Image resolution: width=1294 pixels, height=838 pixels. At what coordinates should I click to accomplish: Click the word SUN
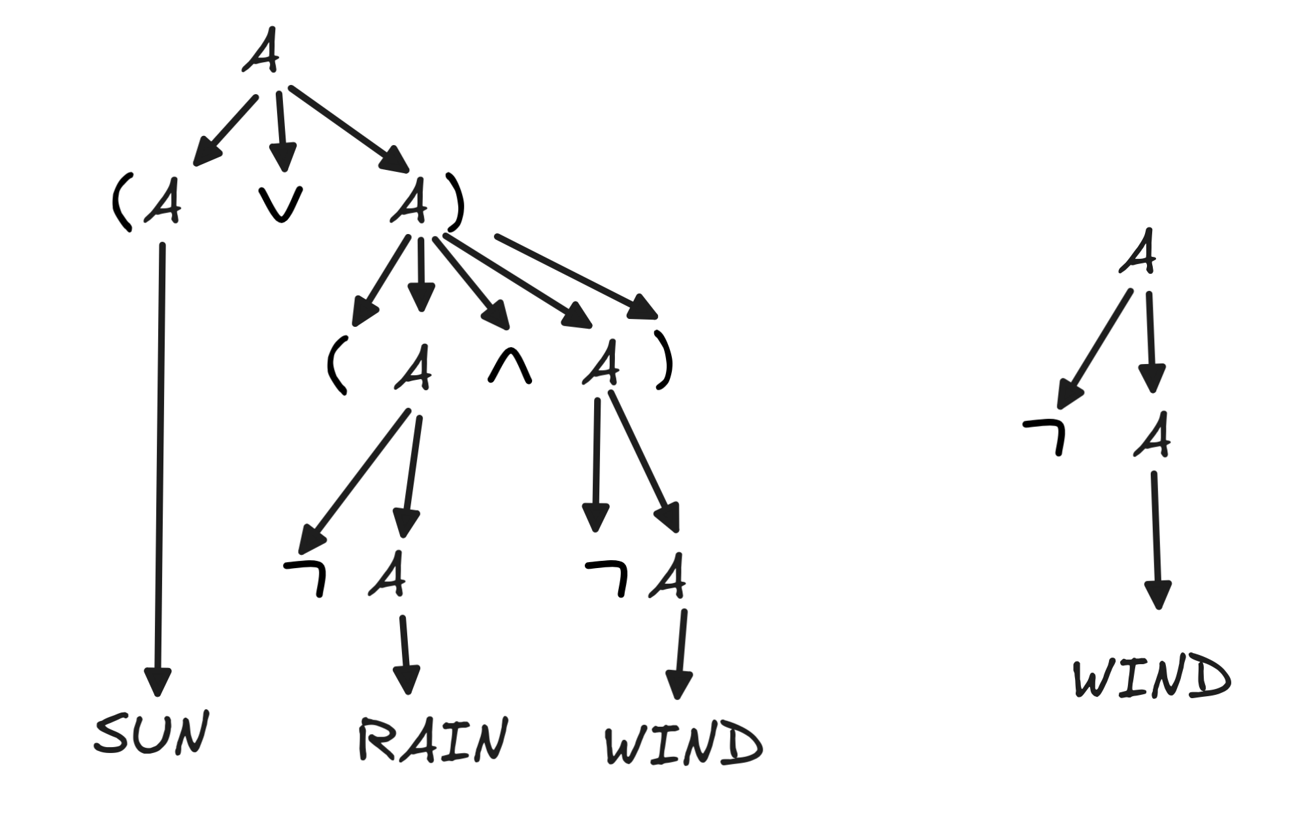(152, 732)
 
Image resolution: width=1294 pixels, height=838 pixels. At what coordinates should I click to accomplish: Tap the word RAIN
(433, 740)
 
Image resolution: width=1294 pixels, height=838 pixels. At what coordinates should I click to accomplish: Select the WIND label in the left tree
(684, 744)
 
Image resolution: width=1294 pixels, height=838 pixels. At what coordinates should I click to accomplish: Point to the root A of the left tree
(261, 51)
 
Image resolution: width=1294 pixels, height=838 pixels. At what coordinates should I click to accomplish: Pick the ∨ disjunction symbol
(281, 204)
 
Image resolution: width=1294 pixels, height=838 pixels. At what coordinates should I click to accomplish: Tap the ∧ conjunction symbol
(510, 370)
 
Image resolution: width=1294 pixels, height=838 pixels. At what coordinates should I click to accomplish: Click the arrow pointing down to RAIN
(406, 654)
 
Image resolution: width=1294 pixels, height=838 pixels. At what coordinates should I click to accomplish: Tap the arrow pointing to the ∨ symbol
(281, 131)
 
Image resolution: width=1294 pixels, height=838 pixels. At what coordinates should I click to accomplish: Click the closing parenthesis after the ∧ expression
(664, 367)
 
